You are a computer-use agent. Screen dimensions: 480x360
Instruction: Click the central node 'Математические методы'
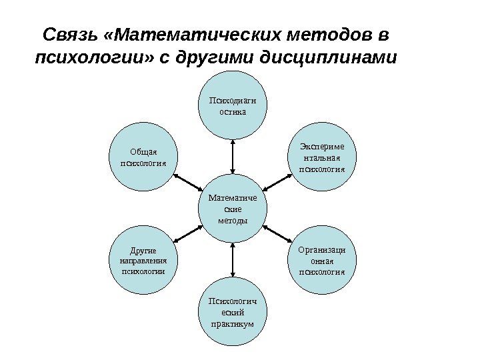pyautogui.click(x=233, y=208)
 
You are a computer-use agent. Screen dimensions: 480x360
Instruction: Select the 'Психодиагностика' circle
pyautogui.click(x=233, y=106)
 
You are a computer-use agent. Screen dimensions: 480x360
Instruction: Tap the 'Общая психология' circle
pyautogui.click(x=142, y=157)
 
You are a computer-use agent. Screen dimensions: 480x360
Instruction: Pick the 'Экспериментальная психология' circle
pyautogui.click(x=323, y=157)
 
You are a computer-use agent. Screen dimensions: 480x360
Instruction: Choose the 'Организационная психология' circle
pyautogui.click(x=323, y=260)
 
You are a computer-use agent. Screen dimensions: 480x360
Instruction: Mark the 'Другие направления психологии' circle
pyautogui.click(x=142, y=260)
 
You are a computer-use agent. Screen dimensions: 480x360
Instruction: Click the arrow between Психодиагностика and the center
pyautogui.click(x=233, y=157)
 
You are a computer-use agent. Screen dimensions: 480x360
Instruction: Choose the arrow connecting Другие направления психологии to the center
pyautogui.click(x=187, y=234)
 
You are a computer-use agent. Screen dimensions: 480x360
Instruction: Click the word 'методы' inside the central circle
pyautogui.click(x=233, y=221)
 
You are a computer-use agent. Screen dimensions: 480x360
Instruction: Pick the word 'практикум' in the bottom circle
pyautogui.click(x=233, y=325)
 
